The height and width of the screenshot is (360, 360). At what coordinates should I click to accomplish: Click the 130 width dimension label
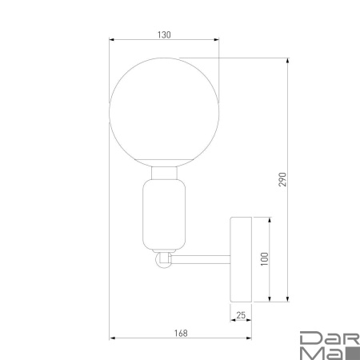click(x=164, y=34)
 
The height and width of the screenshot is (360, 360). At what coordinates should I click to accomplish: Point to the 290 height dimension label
click(x=282, y=179)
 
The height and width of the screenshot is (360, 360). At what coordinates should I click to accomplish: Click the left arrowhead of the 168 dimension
click(x=111, y=338)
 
